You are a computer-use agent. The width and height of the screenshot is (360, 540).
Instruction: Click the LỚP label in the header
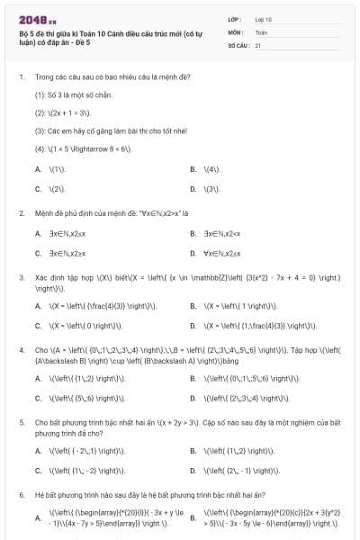(235, 18)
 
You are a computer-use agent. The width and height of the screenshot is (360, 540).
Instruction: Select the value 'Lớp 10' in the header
(264, 18)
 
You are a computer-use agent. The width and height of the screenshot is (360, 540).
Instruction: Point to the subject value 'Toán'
(262, 31)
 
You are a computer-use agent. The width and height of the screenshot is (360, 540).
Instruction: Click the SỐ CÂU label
(238, 43)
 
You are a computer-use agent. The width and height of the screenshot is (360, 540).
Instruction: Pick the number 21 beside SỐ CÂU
(258, 43)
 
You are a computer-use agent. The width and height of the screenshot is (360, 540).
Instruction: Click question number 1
(21, 76)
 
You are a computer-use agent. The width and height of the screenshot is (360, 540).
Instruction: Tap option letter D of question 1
(193, 189)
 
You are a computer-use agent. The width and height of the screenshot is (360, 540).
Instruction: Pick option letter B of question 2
(193, 233)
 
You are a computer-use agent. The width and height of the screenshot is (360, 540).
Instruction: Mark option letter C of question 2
(38, 253)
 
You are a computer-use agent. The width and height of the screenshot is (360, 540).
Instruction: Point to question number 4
(21, 349)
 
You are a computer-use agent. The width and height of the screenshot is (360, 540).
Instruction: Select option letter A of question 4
(38, 375)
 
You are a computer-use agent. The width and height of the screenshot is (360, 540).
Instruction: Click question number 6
(21, 494)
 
